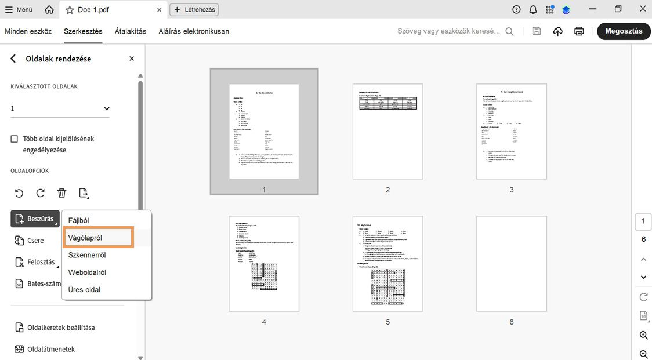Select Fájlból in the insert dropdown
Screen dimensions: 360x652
point(79,220)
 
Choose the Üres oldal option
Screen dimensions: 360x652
point(84,289)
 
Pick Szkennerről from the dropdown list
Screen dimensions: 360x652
point(87,255)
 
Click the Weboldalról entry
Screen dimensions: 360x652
point(87,272)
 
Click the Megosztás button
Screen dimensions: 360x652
point(624,31)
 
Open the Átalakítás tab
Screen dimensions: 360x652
point(131,31)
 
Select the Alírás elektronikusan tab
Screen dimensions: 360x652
point(194,31)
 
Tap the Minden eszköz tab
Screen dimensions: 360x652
point(28,31)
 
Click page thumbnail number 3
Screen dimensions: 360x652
point(512,132)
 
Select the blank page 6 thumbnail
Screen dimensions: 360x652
point(512,264)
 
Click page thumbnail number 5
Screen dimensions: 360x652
point(387,264)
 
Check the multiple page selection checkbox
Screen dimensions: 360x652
point(15,139)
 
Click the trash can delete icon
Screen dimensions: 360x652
point(62,193)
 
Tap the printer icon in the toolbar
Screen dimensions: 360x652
point(579,31)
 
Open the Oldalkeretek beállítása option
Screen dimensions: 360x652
point(61,328)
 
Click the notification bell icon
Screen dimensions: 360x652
point(533,10)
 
